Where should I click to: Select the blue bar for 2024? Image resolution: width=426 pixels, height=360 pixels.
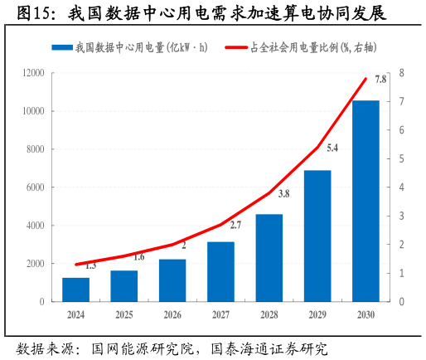click(x=75, y=289)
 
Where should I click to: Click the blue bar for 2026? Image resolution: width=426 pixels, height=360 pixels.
click(x=172, y=280)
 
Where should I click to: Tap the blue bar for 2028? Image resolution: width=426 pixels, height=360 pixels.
click(x=269, y=258)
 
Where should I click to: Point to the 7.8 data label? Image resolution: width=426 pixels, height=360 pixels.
click(x=380, y=80)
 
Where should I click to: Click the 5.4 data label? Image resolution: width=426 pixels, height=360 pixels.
click(x=332, y=148)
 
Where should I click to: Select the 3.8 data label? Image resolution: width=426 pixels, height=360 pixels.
click(x=283, y=194)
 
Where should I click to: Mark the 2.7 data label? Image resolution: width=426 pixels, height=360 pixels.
click(x=235, y=225)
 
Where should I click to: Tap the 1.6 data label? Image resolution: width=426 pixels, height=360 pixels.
click(x=138, y=257)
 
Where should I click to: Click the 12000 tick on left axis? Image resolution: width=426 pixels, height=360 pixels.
click(x=32, y=73)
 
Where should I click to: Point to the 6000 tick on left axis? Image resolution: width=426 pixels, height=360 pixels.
click(x=35, y=187)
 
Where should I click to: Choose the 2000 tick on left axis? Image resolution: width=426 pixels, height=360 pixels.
click(x=35, y=264)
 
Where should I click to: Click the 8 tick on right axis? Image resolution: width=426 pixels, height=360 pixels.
click(x=401, y=73)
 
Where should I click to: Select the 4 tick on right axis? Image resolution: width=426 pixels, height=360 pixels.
click(x=401, y=187)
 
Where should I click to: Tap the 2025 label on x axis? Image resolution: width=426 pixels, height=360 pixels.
click(x=123, y=315)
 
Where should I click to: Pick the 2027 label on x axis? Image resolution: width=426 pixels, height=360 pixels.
click(x=220, y=315)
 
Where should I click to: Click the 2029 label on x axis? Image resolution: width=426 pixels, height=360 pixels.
click(x=317, y=315)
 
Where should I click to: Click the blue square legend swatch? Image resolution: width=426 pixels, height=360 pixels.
click(x=61, y=48)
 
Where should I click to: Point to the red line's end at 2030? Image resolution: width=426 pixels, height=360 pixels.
click(x=365, y=79)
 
